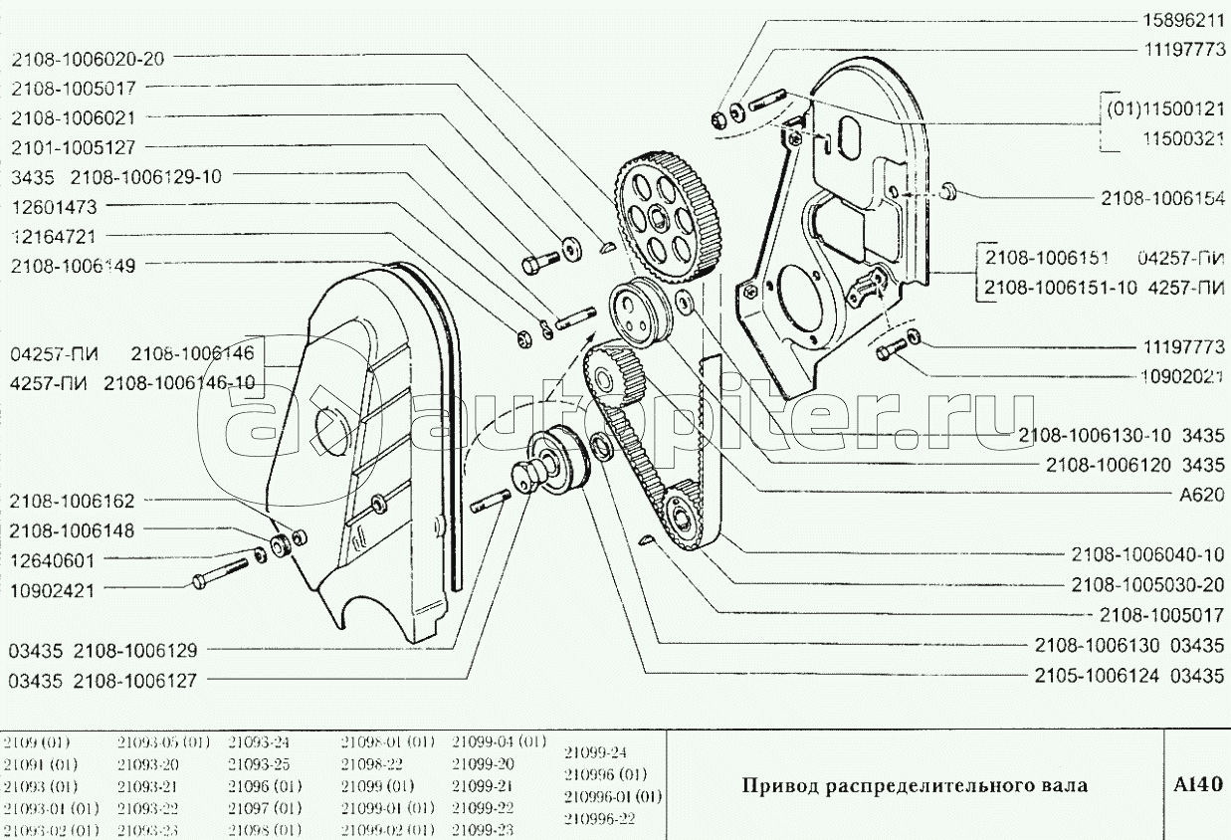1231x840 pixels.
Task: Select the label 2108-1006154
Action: tap(1161, 197)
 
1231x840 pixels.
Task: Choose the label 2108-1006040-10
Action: tap(1147, 553)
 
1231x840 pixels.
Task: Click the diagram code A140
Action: tap(1195, 784)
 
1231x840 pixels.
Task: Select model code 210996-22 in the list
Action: tap(599, 819)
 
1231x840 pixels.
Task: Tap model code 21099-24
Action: tap(595, 752)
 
